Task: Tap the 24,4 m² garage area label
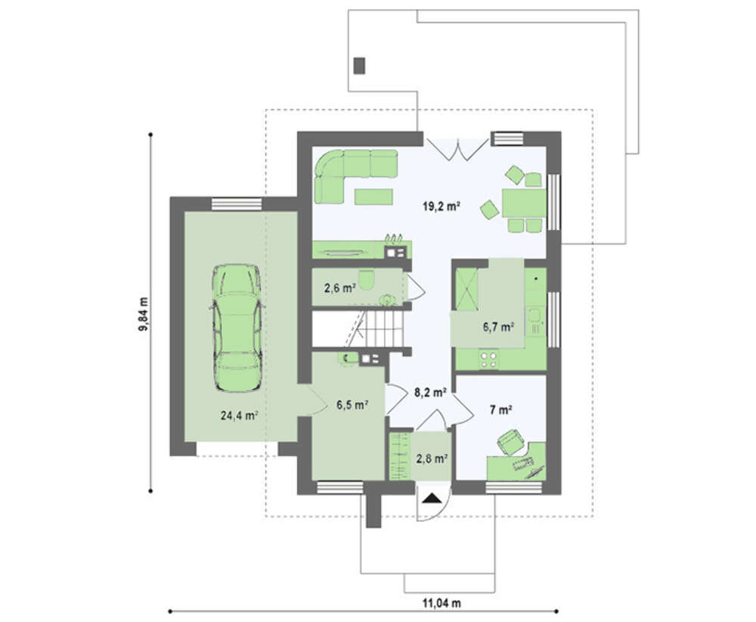239,415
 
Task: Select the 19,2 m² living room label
442,207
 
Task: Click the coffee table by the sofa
373,197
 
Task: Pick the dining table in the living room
523,203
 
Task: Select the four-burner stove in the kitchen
489,359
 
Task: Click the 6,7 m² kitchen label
498,327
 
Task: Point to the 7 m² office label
500,410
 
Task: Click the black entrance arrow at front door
432,499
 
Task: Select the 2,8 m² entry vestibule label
432,459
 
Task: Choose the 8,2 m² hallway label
430,392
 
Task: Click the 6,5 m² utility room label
352,405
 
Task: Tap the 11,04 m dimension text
442,602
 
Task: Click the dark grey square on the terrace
359,66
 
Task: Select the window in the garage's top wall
237,204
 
